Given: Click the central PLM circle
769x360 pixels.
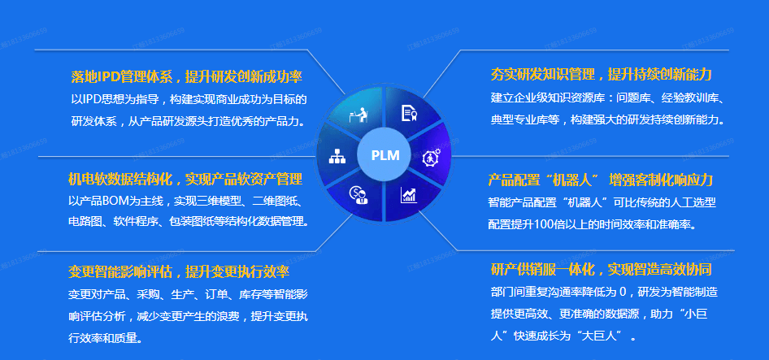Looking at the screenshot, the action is (385, 155).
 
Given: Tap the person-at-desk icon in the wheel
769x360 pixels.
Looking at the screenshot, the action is (358, 115).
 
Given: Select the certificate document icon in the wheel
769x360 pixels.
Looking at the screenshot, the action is (409, 113).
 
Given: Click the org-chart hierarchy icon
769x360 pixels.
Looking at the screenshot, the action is (337, 155).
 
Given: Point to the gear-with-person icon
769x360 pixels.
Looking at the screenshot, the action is (431, 158).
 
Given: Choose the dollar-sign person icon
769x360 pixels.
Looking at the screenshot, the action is (358, 195).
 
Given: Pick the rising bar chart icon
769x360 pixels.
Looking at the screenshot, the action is (409, 195).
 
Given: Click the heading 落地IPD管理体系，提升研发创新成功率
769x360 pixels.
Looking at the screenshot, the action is (186, 77).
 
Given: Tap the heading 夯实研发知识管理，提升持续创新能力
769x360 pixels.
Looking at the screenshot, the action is (601, 75).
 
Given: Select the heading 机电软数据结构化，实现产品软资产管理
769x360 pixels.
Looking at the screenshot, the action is (185, 179).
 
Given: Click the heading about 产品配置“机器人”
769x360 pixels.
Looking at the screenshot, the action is (600, 180).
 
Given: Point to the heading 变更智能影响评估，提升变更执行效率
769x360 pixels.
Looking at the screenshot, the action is (179, 271).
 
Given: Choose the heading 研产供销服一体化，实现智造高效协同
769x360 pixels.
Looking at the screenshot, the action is (601, 269).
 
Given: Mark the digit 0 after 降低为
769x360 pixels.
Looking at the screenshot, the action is (623, 293).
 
